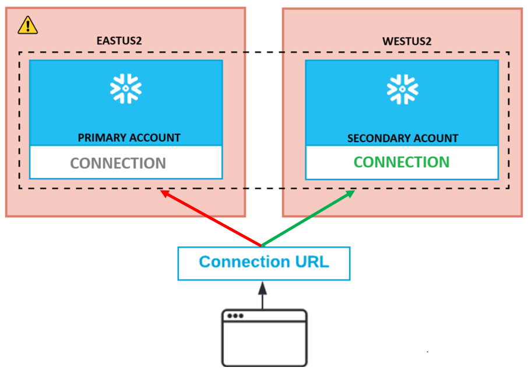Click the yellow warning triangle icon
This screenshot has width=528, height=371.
point(27,25)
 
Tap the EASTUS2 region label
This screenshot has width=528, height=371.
point(119,41)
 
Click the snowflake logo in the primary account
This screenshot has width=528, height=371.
point(126,88)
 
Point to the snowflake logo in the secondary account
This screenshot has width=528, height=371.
point(402,88)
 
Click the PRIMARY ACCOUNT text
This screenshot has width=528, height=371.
point(129,138)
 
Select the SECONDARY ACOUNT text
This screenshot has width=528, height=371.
point(403,139)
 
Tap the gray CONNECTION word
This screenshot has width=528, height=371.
point(118,163)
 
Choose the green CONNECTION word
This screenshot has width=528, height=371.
point(402,162)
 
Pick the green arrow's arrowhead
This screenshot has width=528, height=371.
point(351,193)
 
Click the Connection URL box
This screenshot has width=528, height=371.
point(264,263)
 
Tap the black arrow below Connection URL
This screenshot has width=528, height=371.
point(262,294)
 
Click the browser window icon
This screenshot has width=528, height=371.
point(264,338)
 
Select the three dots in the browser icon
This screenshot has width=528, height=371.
point(235,316)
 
